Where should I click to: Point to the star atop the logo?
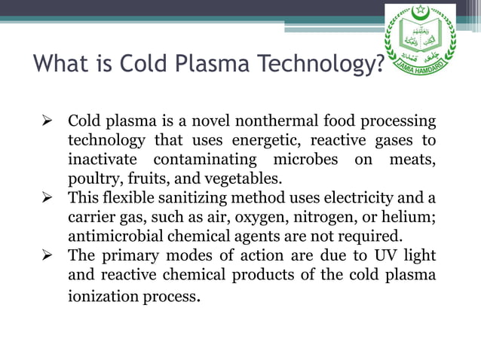pos(420,10)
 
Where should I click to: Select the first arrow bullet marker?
pos(47,121)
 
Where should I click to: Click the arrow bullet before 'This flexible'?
pos(47,198)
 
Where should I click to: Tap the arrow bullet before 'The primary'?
pos(47,255)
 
